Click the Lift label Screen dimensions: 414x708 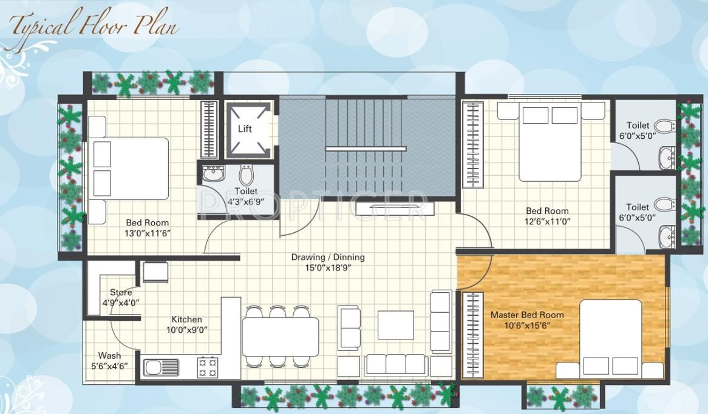245,129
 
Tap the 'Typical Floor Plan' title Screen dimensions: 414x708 94,26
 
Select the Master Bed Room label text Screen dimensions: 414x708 526,315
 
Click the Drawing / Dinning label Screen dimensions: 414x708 328,257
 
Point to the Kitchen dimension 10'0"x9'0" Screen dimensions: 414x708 186,330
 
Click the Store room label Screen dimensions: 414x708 121,293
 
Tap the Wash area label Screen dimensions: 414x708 109,355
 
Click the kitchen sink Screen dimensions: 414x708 162,367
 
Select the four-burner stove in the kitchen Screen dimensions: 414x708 207,367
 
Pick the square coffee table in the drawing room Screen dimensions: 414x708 395,325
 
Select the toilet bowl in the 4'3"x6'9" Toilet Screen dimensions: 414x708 246,175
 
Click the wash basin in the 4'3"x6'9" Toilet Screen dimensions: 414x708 213,174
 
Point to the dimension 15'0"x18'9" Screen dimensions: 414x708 328,267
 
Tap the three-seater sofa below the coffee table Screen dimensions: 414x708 395,365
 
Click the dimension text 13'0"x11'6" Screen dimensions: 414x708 147,233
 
